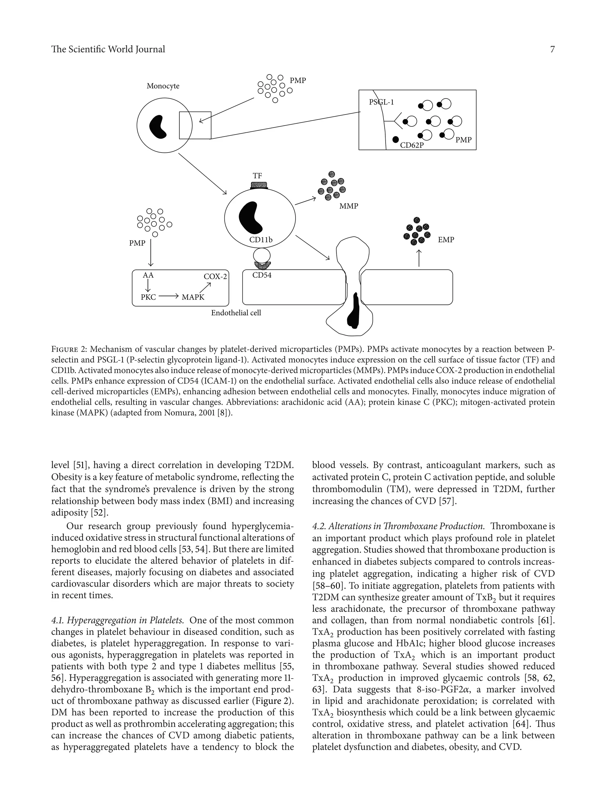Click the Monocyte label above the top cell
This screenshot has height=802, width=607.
click(x=163, y=86)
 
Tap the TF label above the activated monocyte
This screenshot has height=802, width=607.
click(x=257, y=176)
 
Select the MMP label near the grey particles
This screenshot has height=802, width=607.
click(x=349, y=206)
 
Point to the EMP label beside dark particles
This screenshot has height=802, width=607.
click(x=445, y=240)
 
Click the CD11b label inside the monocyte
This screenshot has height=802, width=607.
click(x=261, y=240)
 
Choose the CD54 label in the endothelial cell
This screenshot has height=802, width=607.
click(x=262, y=275)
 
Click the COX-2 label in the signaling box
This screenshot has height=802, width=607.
click(x=215, y=276)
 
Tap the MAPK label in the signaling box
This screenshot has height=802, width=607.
click(x=193, y=297)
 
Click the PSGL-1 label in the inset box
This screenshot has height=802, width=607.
click(x=381, y=102)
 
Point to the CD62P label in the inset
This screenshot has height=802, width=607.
click(x=412, y=145)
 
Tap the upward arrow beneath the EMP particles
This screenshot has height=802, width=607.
click(x=419, y=258)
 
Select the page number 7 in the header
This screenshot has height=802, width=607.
click(x=552, y=49)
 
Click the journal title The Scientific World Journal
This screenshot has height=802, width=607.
click(x=108, y=49)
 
